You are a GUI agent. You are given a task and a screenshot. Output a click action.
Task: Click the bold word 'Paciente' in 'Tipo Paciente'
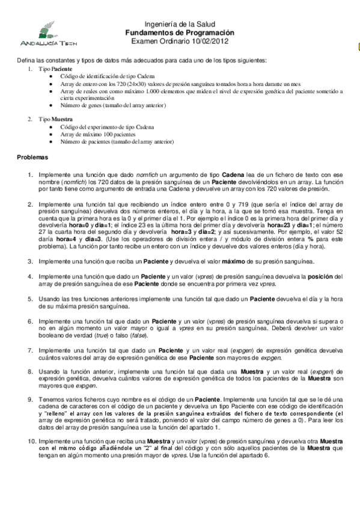(x=63, y=70)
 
